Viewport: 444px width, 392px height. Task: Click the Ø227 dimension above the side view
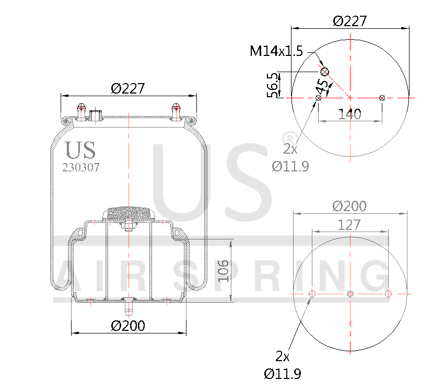coord(127,88)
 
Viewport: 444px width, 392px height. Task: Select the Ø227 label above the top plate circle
coord(349,21)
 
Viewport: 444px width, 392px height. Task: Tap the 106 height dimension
coord(223,270)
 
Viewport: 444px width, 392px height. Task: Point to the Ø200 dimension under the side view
coord(128,326)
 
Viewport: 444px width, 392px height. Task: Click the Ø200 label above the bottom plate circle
coord(349,206)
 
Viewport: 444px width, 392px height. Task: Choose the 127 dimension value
coord(349,225)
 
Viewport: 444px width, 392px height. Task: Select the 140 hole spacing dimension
coord(349,114)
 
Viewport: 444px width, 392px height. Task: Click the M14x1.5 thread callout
coord(276,51)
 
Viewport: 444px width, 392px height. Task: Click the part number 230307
coord(80,168)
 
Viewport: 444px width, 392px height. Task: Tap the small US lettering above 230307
coord(80,150)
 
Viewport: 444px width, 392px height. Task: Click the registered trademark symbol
coord(287,137)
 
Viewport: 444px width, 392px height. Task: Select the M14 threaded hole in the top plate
coord(324,72)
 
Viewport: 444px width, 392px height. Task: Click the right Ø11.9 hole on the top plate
coord(382,98)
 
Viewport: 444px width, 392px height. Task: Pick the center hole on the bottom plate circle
coord(350,294)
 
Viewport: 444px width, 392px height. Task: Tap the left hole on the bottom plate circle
coord(312,294)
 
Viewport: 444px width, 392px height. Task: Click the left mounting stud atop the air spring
coord(81,111)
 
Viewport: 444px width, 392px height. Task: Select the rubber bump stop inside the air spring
coord(128,214)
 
